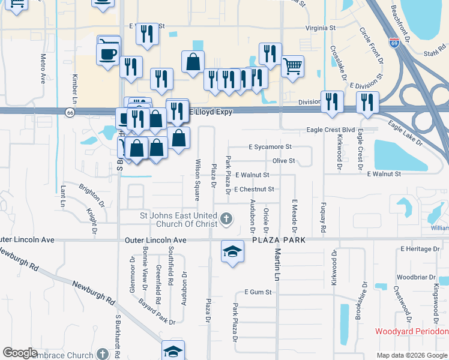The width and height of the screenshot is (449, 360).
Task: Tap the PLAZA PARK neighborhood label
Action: [279, 239]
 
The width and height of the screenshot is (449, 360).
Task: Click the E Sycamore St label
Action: [270, 146]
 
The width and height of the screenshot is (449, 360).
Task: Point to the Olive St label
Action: [284, 161]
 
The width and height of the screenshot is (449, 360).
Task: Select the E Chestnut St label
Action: [254, 189]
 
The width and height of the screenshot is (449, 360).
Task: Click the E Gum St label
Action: [258, 292]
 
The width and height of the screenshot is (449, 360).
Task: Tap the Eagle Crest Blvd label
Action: [331, 129]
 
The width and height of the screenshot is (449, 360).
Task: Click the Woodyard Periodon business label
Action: [412, 331]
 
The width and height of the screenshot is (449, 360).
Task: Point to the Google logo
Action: [20, 353]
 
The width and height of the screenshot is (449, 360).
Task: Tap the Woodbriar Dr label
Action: [412, 277]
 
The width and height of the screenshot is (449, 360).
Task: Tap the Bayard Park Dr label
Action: [155, 312]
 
